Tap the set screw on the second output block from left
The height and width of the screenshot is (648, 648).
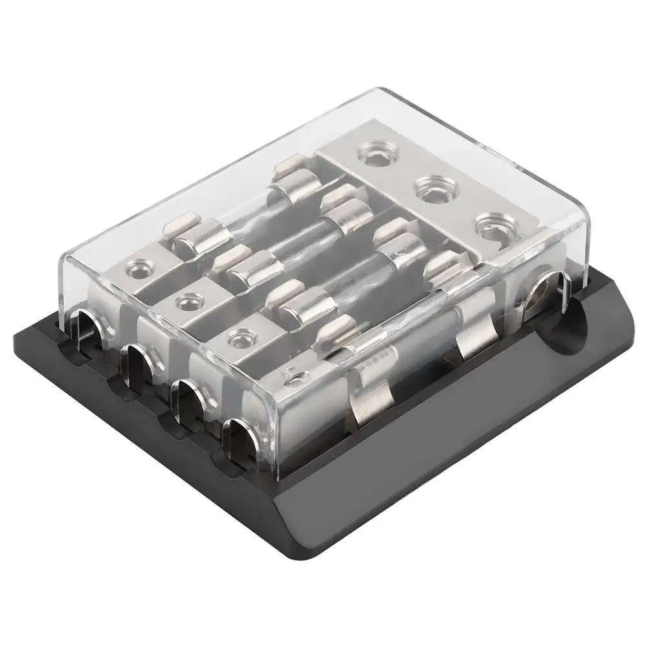[x=187, y=299]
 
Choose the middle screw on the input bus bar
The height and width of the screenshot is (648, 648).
[x=428, y=190]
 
